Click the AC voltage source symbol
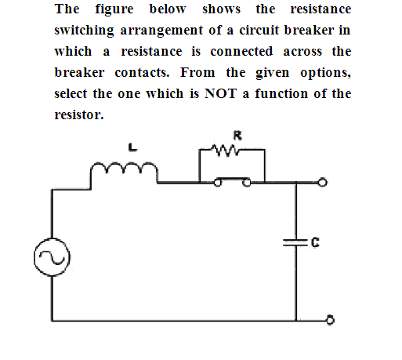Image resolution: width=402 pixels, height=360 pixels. point(52,256)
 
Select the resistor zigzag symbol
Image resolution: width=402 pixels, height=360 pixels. point(225,150)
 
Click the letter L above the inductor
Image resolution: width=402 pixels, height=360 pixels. point(132,147)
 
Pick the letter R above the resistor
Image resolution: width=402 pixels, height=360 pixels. point(237,136)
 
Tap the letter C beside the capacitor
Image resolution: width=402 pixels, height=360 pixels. point(315,242)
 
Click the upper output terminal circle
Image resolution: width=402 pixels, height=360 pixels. point(323,182)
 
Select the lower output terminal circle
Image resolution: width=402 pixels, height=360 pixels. point(331,320)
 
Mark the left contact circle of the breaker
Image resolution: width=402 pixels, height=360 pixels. point(218,183)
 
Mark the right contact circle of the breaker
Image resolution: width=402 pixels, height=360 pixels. point(246,183)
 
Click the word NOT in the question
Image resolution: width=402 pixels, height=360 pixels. point(221,93)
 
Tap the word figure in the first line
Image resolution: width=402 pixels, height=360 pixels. point(114,10)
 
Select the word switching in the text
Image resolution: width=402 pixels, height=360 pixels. point(84,31)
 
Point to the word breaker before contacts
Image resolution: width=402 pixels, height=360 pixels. point(79,72)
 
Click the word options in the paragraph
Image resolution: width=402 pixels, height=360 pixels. point(325,73)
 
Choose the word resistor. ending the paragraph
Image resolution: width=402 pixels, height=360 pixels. point(79,115)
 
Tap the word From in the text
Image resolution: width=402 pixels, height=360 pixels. point(197,72)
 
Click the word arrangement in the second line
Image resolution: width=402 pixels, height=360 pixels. point(161,31)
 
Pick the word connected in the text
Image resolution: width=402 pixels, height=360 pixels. point(241,51)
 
